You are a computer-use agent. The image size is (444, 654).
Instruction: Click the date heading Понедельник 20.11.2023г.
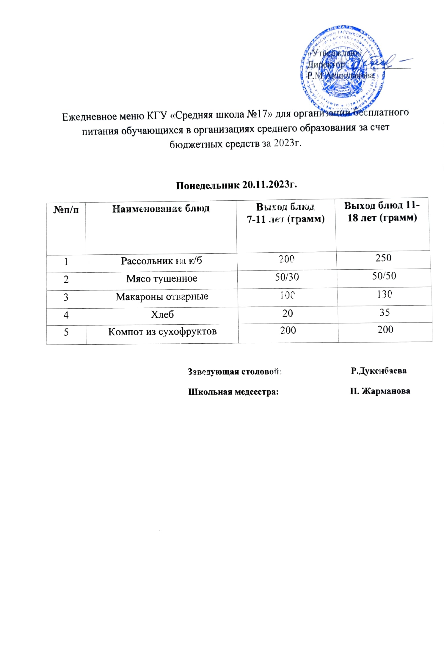tap(236, 185)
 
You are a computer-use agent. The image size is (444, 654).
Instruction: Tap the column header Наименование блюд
tap(161, 209)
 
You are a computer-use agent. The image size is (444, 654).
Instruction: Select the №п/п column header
tap(66, 210)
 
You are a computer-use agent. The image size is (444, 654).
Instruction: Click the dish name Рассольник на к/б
tap(161, 261)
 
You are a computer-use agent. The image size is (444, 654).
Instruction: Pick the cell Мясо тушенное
tap(162, 279)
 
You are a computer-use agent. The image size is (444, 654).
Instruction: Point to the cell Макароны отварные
tap(162, 296)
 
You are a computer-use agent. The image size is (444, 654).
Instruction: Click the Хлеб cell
tap(162, 314)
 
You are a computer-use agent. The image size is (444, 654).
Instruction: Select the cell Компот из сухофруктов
tap(162, 331)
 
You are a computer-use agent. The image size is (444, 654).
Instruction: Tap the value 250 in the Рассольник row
tap(383, 258)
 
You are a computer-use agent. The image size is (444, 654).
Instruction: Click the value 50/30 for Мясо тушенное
tap(287, 277)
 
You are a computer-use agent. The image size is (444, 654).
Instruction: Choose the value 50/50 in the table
tap(384, 276)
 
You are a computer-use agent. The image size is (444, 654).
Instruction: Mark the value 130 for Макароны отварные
tap(384, 294)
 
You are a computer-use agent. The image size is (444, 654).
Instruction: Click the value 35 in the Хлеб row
tap(385, 312)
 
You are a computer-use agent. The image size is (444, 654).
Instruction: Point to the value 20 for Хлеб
tap(288, 313)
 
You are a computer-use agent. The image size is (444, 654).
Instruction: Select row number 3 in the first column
tap(66, 297)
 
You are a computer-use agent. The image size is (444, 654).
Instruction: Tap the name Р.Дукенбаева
tap(379, 371)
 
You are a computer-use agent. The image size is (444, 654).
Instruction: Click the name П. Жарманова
tap(380, 391)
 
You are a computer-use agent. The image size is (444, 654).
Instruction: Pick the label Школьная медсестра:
tap(233, 392)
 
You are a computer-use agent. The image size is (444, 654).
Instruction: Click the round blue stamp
tap(342, 68)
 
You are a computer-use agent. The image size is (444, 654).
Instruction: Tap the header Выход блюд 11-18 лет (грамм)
tap(382, 211)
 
